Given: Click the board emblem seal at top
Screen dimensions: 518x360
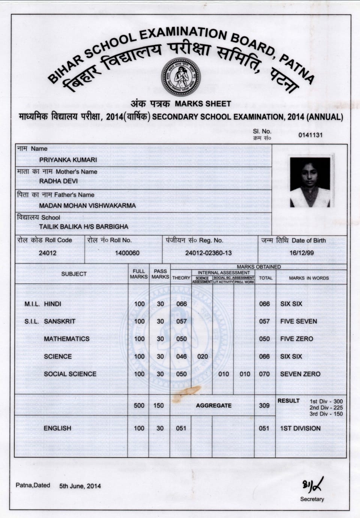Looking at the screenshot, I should pos(181,77).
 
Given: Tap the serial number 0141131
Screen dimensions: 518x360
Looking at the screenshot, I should pos(310,135).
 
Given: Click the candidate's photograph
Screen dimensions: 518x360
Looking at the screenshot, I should pos(310,182).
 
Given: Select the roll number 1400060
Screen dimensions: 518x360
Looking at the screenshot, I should pos(127,253).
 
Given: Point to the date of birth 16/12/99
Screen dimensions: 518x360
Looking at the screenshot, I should pos(301,253).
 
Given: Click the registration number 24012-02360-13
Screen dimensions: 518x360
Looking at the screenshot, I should pos(208,253).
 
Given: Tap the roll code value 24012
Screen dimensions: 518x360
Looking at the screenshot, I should pos(48,253).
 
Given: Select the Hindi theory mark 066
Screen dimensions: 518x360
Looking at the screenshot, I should pos(181,304).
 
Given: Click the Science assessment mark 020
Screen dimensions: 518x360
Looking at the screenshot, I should pos(202,356).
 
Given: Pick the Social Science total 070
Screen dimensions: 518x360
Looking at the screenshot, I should pos(264,374).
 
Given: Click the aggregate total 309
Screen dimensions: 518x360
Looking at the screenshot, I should pos(264,405).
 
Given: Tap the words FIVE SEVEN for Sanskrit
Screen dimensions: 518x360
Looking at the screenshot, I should pos(298,321).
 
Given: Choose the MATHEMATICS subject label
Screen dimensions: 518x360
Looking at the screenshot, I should pos(67,339).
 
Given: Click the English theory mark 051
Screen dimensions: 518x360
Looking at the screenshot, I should pos(181,428).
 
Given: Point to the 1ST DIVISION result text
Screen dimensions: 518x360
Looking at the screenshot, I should pos(300,428).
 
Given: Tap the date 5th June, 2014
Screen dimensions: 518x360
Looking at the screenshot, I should pos(80,486).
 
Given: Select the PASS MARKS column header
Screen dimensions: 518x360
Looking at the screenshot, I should pos(160,274).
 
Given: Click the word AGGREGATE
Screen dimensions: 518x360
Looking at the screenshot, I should pos(214,405).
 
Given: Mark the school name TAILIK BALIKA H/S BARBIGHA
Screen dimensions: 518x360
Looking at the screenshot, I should pos(84,227).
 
